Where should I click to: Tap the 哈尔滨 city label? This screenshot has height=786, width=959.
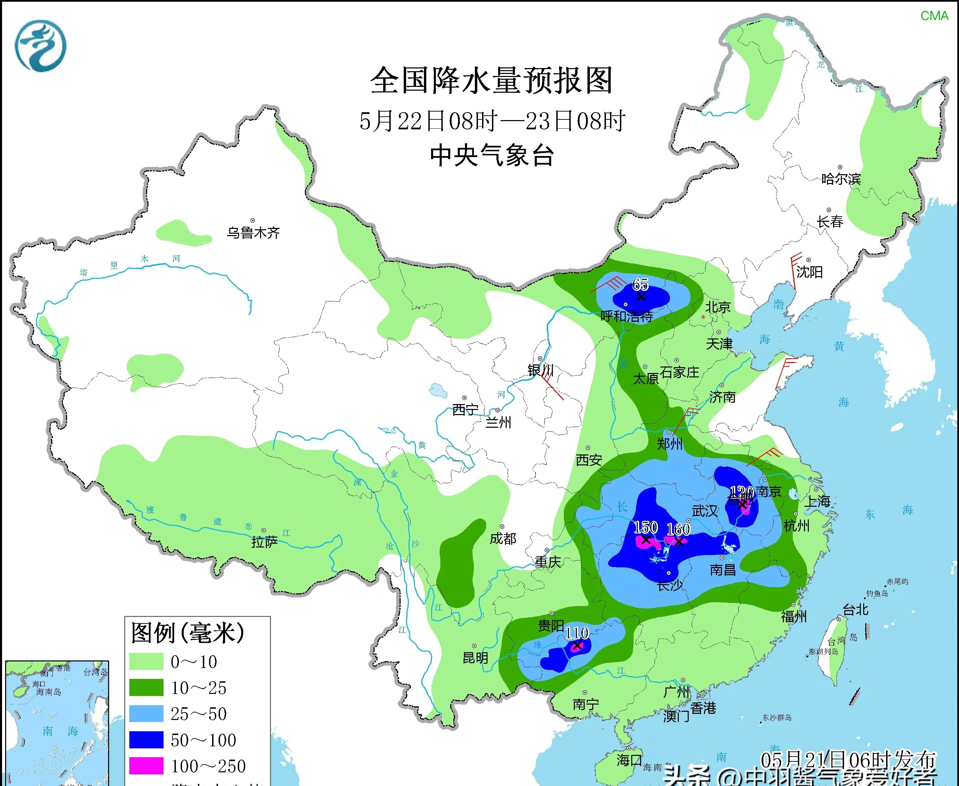click(x=841, y=179)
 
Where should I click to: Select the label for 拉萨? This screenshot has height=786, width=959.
click(x=264, y=542)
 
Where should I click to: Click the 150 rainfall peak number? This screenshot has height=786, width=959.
click(x=645, y=527)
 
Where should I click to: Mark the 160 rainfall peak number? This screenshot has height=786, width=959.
click(x=678, y=529)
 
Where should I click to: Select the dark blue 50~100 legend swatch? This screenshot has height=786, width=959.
click(x=146, y=740)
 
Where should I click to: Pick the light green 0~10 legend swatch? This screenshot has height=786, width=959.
click(x=146, y=661)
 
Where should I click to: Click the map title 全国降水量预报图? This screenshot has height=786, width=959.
click(x=492, y=81)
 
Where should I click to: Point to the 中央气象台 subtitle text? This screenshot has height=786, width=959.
click(x=492, y=155)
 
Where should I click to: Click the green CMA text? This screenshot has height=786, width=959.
click(x=934, y=16)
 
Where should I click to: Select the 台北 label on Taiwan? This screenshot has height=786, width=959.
click(x=855, y=609)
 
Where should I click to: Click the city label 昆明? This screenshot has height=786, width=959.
click(x=475, y=657)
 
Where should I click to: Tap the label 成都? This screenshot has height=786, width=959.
click(x=503, y=538)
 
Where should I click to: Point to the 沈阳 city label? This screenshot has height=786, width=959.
click(x=809, y=272)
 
